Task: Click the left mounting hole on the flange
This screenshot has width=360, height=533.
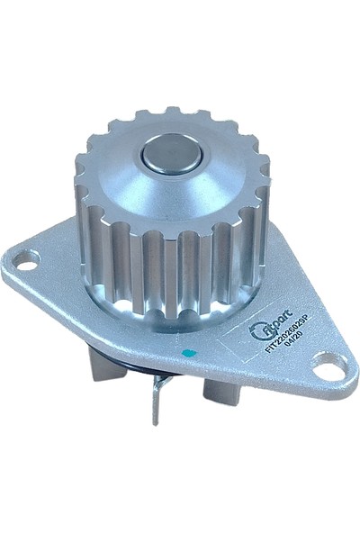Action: (x=25, y=261)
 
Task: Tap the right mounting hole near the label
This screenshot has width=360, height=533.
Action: (x=331, y=364)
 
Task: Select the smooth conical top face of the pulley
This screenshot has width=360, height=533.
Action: (x=216, y=180)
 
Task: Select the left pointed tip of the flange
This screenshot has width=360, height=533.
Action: (x=7, y=270)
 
